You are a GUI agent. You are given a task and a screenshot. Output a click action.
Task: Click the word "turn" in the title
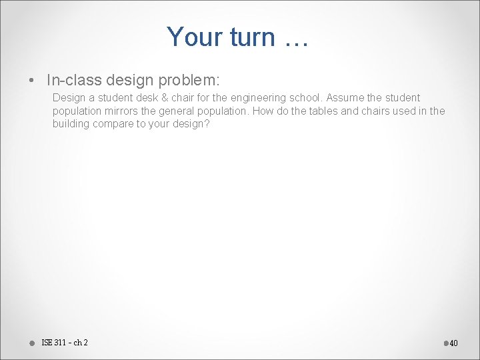[252, 37]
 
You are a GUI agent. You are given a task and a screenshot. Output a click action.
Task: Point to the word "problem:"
[190, 80]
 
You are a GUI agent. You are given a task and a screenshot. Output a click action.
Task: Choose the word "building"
[71, 123]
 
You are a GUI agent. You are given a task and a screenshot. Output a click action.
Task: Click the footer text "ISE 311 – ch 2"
[64, 343]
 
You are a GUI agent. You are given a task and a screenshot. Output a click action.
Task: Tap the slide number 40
[453, 343]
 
